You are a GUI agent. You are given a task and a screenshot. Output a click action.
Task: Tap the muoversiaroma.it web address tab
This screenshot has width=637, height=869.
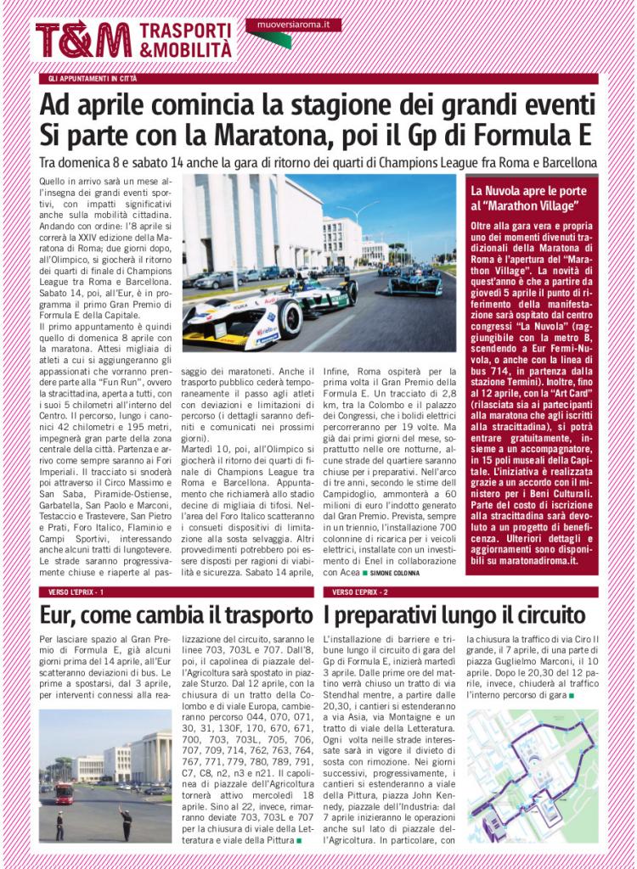point(293,26)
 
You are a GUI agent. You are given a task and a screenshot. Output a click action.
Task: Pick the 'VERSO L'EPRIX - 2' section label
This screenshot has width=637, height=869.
point(360,591)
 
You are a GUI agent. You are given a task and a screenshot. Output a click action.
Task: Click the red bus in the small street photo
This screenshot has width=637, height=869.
point(63,793)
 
